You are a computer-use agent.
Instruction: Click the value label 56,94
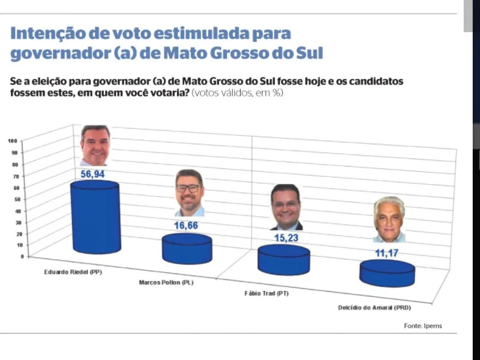pos(93,174)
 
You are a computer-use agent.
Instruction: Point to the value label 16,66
pos(186,225)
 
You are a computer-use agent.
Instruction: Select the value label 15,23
pos(286,238)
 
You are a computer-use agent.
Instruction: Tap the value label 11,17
pos(386,253)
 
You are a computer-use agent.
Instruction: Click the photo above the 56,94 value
pos(95,145)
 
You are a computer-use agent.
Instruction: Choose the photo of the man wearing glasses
pos(189,193)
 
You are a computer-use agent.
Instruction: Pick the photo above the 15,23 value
pos(286,207)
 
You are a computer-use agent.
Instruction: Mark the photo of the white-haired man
pos(389,219)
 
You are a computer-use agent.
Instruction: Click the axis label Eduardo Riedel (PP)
pos(73,273)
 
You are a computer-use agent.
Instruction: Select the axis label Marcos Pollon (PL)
pos(166,283)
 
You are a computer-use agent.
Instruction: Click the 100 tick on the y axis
pos(12,141)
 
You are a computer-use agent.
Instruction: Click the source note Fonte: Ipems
pos(423,326)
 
